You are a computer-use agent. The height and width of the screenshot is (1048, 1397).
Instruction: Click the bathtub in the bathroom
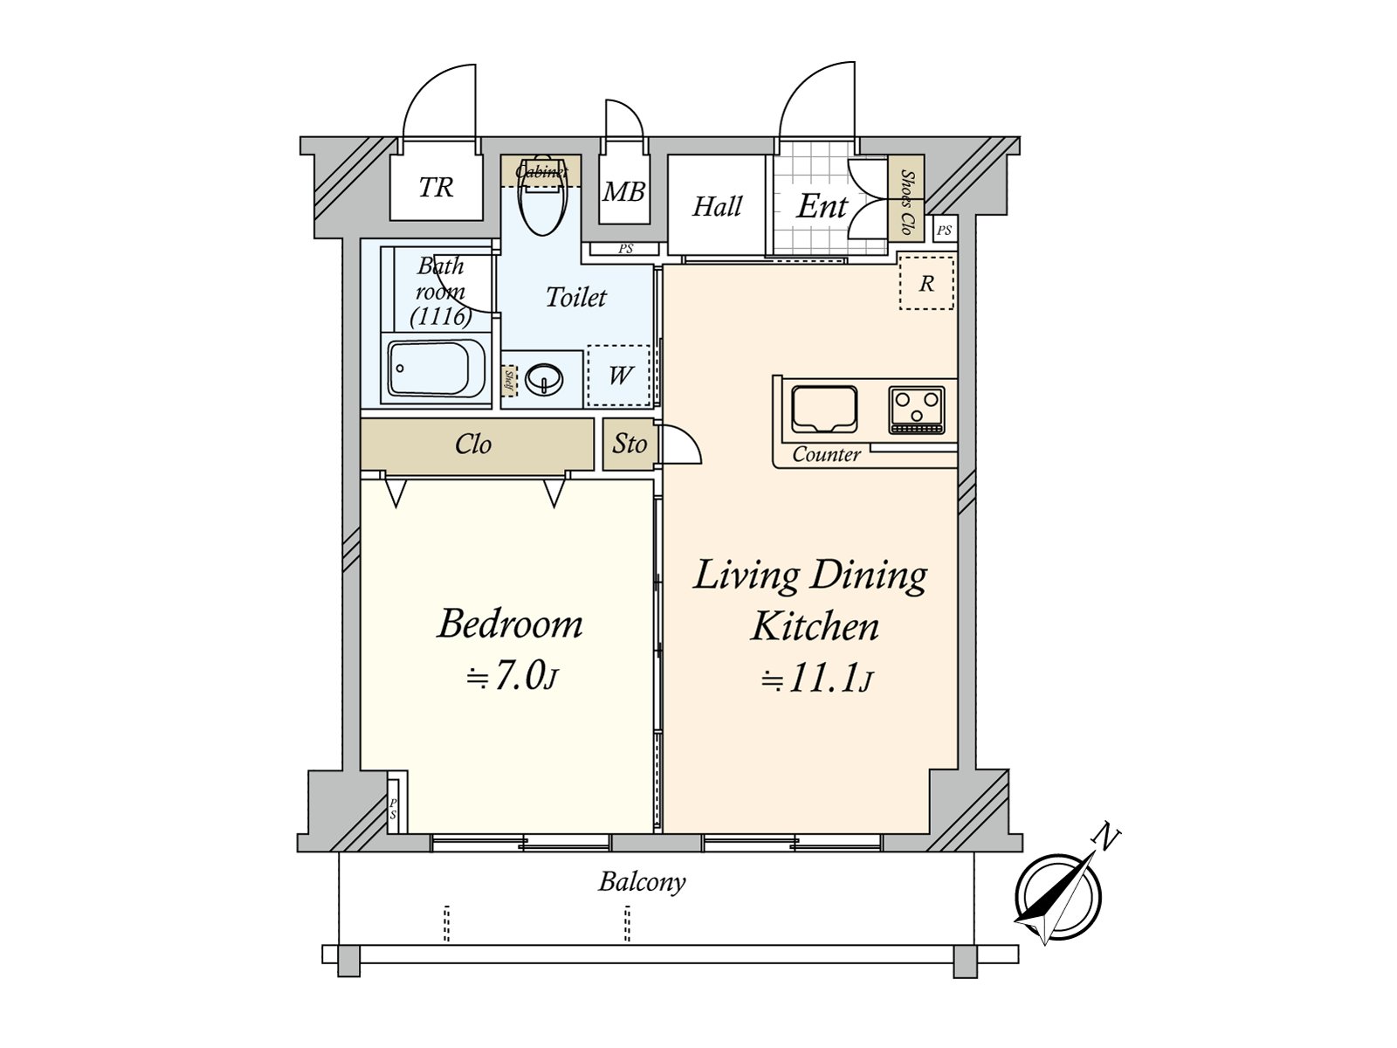[x=437, y=369]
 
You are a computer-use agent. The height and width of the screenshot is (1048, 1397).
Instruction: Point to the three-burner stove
[x=916, y=410]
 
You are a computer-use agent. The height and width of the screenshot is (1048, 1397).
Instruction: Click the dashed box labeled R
[x=926, y=283]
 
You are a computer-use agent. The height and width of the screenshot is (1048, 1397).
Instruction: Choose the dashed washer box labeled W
[x=619, y=376]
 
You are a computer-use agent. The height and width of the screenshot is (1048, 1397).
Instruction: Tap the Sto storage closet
[x=629, y=445]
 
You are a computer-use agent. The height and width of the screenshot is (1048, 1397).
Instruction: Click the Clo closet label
[x=472, y=445]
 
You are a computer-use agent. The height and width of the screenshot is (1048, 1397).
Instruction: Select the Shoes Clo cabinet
[x=906, y=203]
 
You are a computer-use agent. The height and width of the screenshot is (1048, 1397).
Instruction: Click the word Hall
[x=717, y=207]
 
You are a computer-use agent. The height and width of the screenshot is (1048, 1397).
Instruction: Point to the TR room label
[x=436, y=188]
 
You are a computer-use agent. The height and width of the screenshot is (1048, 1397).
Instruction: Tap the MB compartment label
[x=623, y=191]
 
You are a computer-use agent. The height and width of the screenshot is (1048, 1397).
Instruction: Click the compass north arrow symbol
[x=1059, y=895]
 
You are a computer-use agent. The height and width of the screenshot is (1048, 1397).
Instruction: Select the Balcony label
[x=642, y=882]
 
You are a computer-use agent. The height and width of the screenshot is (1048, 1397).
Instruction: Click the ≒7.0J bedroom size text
[x=511, y=678]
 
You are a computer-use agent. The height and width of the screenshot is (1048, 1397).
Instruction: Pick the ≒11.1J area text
[x=815, y=679]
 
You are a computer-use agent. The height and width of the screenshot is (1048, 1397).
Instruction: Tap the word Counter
[x=826, y=454]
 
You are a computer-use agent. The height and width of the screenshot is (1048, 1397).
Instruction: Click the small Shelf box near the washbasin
[x=509, y=379]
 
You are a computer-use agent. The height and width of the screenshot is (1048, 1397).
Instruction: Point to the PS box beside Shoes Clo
[x=944, y=231]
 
